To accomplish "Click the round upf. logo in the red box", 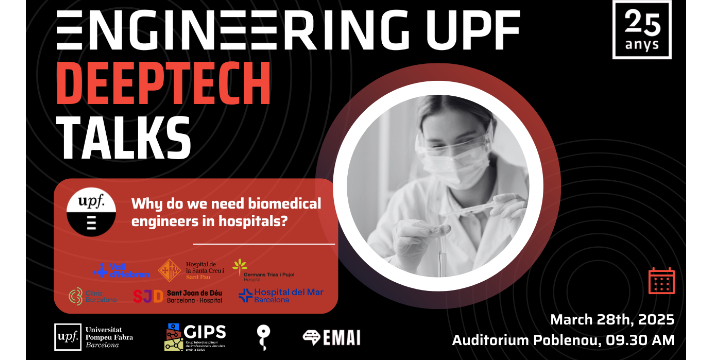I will [97, 211].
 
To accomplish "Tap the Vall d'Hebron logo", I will [120, 270].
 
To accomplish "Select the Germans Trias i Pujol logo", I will [257, 268].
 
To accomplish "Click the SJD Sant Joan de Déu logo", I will [179, 296].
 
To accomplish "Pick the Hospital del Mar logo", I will [274, 296].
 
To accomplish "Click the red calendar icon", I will [661, 280].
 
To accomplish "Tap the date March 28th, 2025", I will [611, 320].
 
